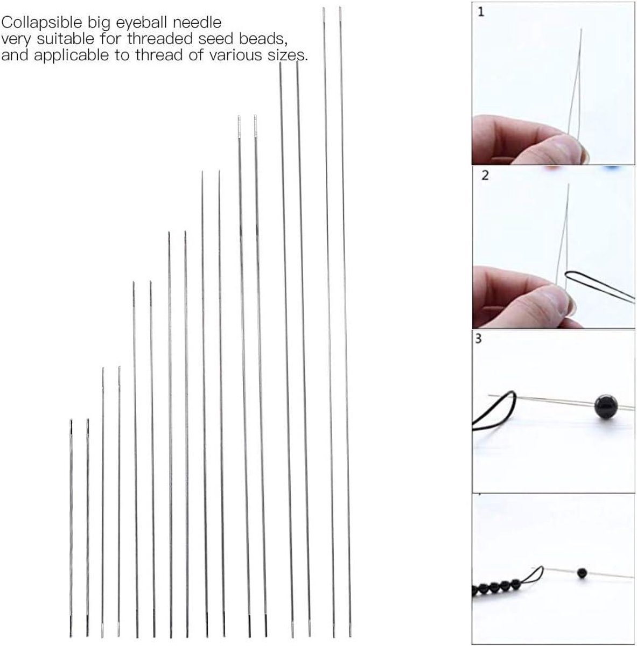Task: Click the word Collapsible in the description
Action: (41, 23)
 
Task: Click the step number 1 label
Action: (481, 12)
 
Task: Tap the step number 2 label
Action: (485, 175)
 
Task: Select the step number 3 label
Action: (478, 339)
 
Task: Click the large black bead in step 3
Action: (606, 406)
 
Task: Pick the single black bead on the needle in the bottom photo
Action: (582, 573)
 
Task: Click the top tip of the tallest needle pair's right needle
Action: (340, 8)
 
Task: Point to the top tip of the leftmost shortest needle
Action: (71, 420)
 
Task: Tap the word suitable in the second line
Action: (65, 39)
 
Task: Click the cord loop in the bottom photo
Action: (536, 575)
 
